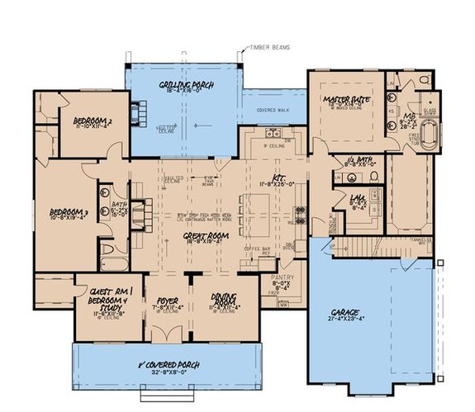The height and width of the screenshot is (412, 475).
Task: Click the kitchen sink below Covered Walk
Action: (273, 133)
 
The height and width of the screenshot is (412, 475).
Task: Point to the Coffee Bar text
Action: (258, 249)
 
